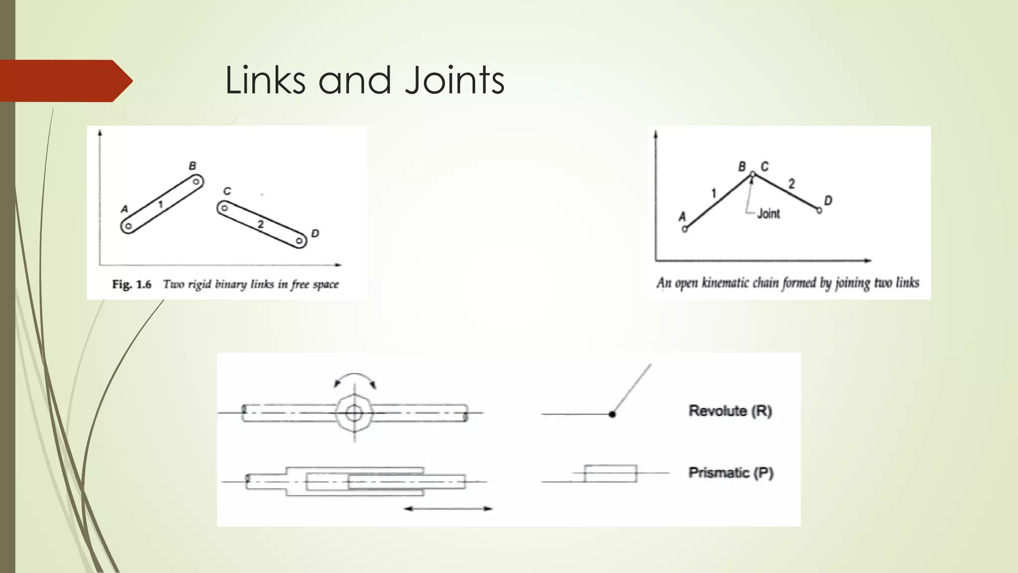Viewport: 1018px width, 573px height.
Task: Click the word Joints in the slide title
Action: [454, 80]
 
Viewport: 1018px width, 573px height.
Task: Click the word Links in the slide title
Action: [265, 80]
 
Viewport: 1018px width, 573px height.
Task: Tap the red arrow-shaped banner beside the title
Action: [65, 81]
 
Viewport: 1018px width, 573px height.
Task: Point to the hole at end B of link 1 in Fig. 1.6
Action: [196, 182]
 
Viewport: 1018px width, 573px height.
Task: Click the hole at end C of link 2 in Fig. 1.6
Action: [225, 208]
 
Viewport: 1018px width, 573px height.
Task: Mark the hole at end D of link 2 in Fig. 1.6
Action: [299, 241]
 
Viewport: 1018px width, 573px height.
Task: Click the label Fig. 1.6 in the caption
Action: [131, 285]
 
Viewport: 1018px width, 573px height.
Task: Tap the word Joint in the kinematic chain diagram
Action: [768, 214]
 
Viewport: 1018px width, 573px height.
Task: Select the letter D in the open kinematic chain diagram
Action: [828, 200]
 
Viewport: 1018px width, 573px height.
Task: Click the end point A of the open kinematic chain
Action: [684, 229]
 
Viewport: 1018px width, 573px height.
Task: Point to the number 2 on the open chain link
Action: [791, 184]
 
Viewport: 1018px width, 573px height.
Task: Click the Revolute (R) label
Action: [730, 411]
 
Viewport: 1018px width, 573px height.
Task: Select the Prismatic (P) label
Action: [731, 473]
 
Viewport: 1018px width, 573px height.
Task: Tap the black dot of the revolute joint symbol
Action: [612, 414]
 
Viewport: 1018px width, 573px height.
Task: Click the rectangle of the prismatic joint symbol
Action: [610, 474]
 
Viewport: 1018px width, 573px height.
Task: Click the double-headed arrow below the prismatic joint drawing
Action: [448, 509]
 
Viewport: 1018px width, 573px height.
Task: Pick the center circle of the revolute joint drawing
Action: [354, 413]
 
